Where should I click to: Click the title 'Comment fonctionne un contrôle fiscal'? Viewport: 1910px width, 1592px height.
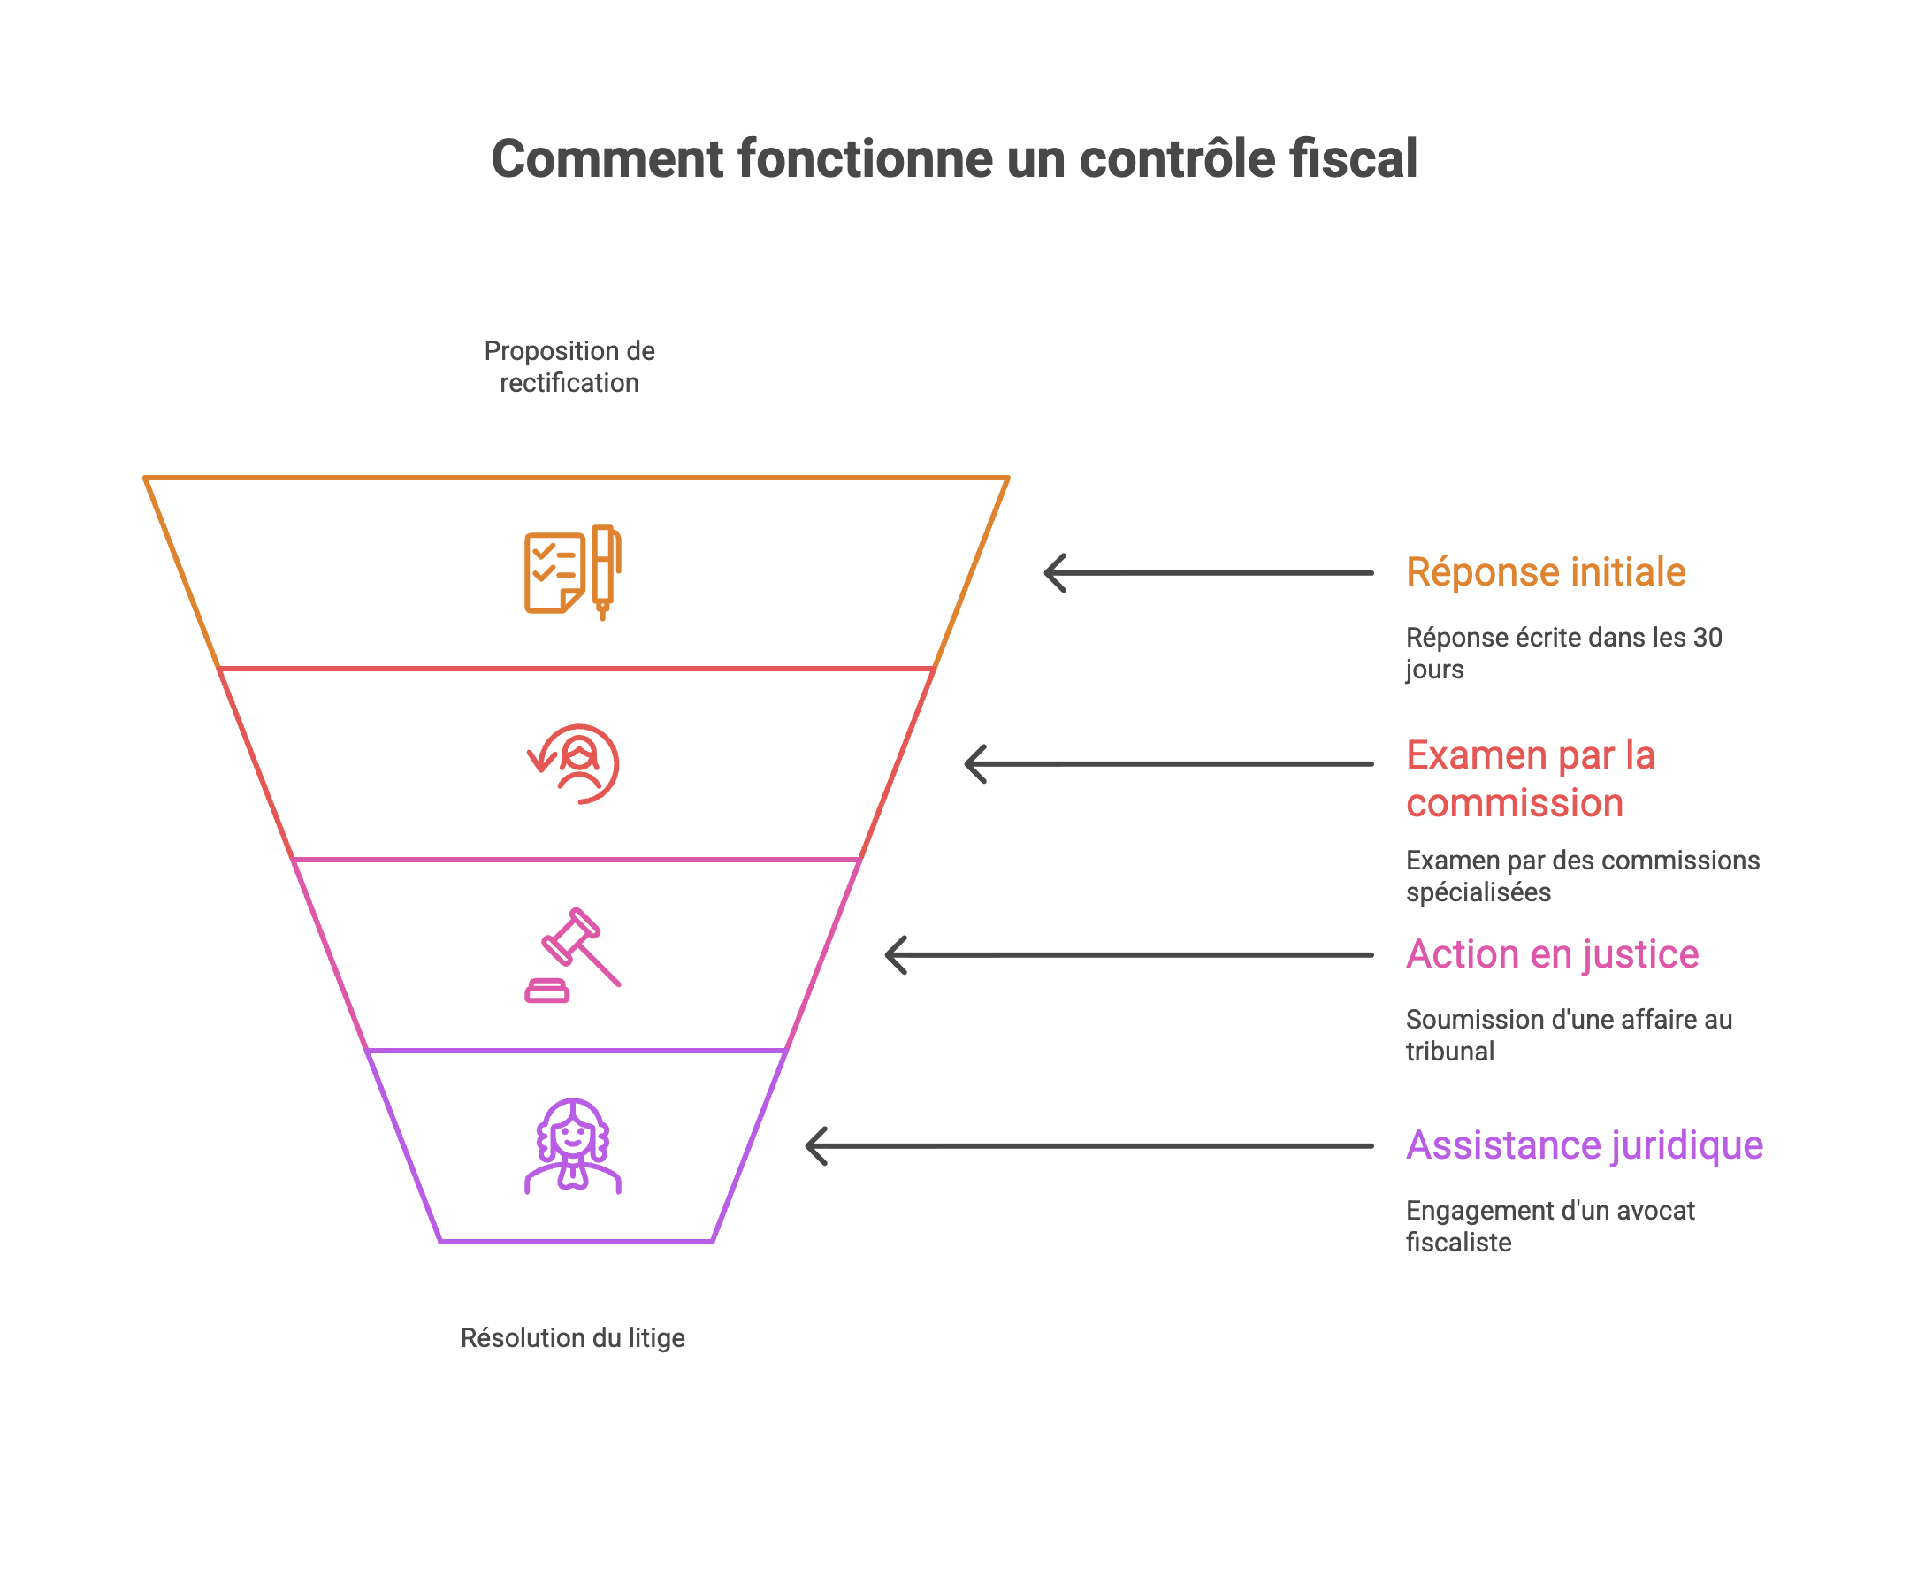tap(954, 159)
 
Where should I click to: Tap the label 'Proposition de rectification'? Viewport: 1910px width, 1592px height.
tap(569, 367)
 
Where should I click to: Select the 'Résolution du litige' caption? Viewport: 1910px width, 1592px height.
tap(573, 1338)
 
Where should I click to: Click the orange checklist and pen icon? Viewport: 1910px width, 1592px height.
tap(573, 573)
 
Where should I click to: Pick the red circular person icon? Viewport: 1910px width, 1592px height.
tap(575, 764)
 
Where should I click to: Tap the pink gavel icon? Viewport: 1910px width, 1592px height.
tap(573, 955)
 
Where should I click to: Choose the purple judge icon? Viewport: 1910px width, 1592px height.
tap(573, 1146)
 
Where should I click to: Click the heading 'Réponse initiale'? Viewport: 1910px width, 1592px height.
tap(1546, 572)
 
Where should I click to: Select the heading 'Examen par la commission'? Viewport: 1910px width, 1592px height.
tap(1531, 778)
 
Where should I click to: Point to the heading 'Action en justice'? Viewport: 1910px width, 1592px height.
tap(1552, 954)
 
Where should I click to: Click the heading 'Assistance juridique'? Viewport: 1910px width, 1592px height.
tap(1585, 1145)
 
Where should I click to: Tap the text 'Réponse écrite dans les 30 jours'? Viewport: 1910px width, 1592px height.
tap(1563, 654)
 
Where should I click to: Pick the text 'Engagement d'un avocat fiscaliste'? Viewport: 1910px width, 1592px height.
tap(1550, 1227)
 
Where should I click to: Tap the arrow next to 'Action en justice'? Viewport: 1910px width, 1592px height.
tap(1128, 955)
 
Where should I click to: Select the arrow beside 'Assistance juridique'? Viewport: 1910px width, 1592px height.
tap(1089, 1146)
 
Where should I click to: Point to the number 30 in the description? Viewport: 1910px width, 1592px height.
tap(1708, 638)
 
